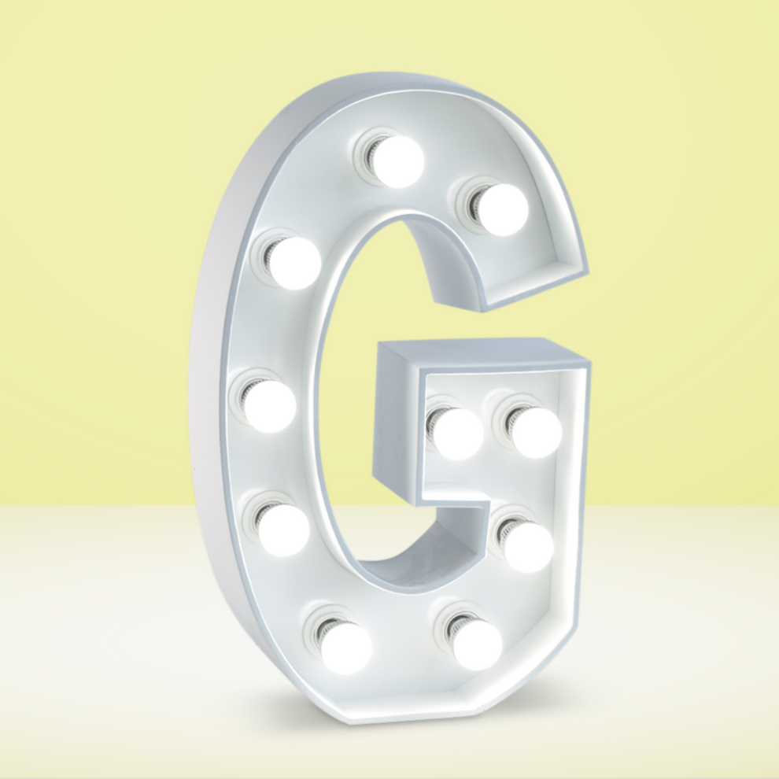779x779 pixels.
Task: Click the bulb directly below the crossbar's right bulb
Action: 528,546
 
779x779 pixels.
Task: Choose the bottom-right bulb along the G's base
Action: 477,644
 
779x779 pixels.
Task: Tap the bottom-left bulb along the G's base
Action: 346,648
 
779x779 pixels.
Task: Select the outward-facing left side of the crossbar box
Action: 397,425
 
